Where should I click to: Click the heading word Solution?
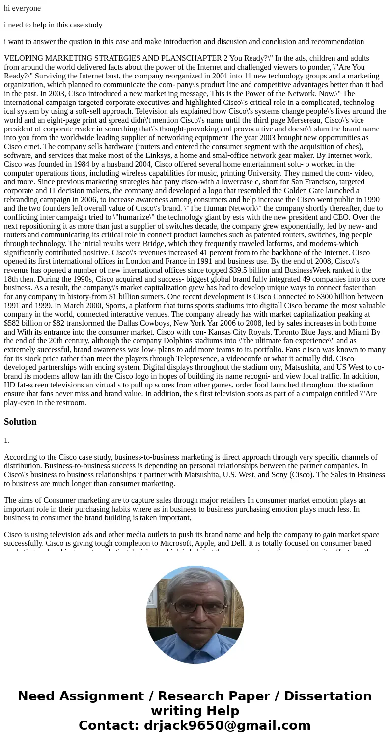[x=20, y=422]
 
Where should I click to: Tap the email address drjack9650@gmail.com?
[x=227, y=725]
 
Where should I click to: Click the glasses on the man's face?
[x=195, y=607]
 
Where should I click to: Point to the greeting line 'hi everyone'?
[x=22, y=8]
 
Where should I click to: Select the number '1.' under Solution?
[x=7, y=440]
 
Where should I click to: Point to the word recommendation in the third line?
[x=336, y=42]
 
